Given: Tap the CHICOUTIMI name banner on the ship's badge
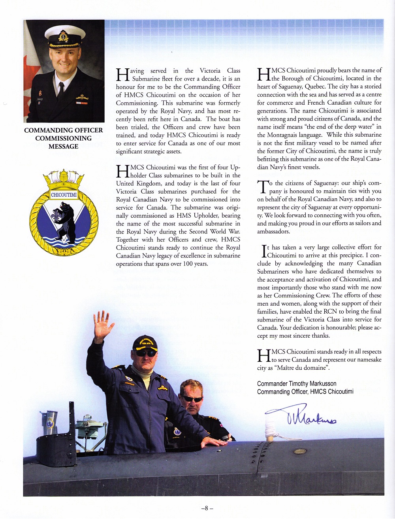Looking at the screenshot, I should coord(64,195).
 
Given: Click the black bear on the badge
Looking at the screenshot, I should coord(66,221).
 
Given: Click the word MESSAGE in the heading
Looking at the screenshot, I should coord(63,147).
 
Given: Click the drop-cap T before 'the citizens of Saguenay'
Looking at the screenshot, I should coord(262,187).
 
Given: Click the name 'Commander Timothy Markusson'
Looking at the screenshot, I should coord(297,384).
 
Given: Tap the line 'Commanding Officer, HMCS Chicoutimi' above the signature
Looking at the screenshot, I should coord(305,392).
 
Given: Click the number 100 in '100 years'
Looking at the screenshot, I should coord(188,264).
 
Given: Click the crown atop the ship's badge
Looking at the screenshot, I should coord(64,179).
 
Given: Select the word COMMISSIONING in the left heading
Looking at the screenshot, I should coord(63,138).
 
